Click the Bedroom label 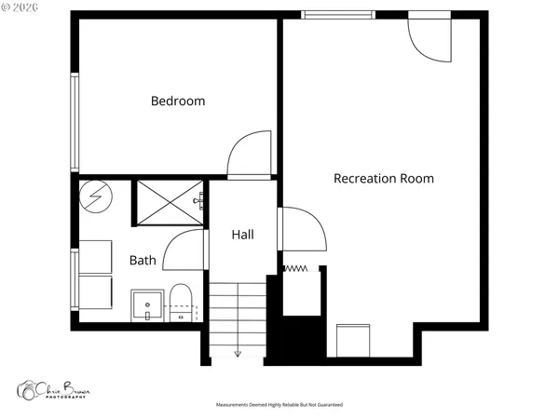tap(178, 101)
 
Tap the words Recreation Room tap(384, 178)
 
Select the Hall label tap(243, 235)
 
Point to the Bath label tap(143, 261)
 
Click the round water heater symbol tap(93, 196)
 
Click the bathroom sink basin tap(147, 304)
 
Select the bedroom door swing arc tap(250, 155)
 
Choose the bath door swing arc tap(184, 250)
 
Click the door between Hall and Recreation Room tap(301, 230)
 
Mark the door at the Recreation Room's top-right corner tap(430, 37)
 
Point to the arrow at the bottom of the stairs tap(238, 353)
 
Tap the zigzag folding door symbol tap(295, 269)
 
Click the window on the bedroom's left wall tap(75, 121)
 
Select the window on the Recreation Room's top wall tap(338, 14)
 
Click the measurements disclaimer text tap(279, 406)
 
